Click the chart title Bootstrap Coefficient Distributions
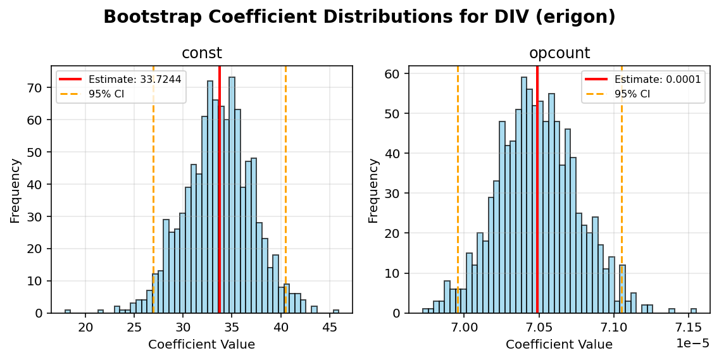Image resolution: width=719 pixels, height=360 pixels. click(x=359, y=17)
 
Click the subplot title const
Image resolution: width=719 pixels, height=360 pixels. click(x=202, y=54)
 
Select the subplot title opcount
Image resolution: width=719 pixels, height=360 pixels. click(x=560, y=54)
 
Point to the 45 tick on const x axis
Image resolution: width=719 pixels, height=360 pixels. click(x=329, y=328)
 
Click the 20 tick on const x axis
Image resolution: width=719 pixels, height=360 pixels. click(x=86, y=328)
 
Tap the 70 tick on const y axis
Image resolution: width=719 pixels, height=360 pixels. click(x=38, y=87)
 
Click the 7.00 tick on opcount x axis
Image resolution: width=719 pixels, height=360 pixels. click(x=465, y=328)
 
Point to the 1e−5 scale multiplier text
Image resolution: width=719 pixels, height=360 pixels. click(x=692, y=343)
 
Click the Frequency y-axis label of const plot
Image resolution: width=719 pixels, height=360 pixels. click(x=15, y=190)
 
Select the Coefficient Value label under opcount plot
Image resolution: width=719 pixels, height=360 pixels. click(x=559, y=345)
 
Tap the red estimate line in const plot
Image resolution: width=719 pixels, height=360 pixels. click(x=220, y=190)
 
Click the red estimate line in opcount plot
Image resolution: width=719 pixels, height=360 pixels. click(x=537, y=190)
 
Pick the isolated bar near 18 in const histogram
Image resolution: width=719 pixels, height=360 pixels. click(x=68, y=311)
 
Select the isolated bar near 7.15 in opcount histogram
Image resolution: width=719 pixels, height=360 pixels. click(x=694, y=311)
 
